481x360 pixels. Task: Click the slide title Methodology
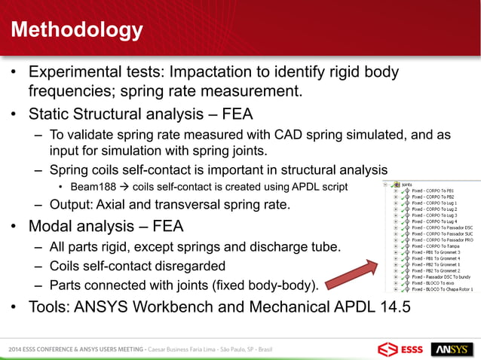(x=76, y=30)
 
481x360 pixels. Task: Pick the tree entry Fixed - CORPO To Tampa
(x=437, y=245)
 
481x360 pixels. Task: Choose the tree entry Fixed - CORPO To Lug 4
(x=437, y=219)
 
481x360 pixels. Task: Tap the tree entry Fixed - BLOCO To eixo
(x=435, y=284)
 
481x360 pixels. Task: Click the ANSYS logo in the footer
(x=452, y=349)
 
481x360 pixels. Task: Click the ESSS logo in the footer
(x=400, y=349)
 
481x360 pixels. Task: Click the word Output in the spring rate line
(x=72, y=206)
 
